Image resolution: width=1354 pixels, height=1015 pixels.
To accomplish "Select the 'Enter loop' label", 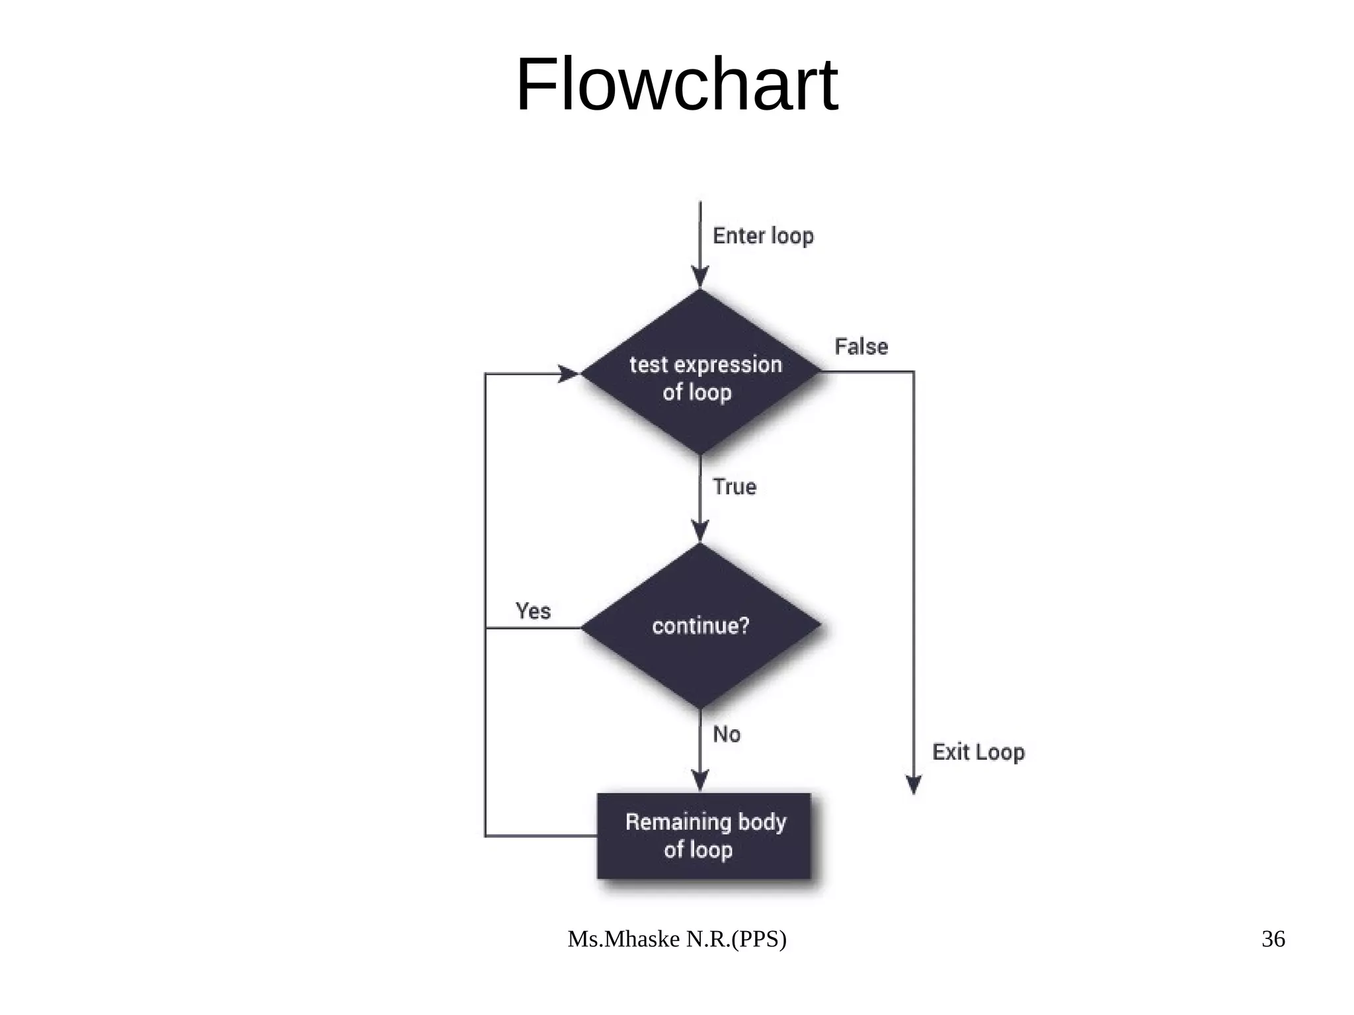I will click(x=763, y=236).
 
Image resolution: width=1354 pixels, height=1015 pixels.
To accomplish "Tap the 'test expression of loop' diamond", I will click(x=700, y=372).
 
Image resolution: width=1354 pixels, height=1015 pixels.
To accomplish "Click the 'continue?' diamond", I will click(x=701, y=626).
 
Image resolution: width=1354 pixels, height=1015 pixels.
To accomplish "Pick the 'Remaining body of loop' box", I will click(x=703, y=836).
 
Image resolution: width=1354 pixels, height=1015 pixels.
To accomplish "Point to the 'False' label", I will click(x=861, y=346).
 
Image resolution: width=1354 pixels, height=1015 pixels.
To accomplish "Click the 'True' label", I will click(x=734, y=487).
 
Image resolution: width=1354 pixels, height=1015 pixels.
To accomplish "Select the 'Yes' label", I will click(x=533, y=611).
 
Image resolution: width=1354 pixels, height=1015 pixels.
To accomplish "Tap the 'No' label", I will click(x=726, y=735).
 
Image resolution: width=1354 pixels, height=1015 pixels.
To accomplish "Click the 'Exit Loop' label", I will click(x=978, y=752).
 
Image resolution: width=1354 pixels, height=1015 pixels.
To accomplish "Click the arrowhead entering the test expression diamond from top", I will click(x=700, y=278).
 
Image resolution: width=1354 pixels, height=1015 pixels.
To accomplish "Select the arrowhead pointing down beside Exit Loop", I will click(x=914, y=785).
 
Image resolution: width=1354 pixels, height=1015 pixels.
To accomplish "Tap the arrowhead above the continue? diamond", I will click(x=700, y=531).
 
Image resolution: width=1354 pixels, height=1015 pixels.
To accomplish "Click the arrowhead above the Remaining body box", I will click(x=700, y=780).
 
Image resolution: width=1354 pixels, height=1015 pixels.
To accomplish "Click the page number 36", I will click(x=1273, y=939).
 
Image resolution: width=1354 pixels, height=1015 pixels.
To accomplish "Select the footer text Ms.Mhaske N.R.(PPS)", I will click(x=677, y=939).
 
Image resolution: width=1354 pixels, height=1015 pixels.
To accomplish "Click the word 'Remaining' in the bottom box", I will click(x=668, y=822).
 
